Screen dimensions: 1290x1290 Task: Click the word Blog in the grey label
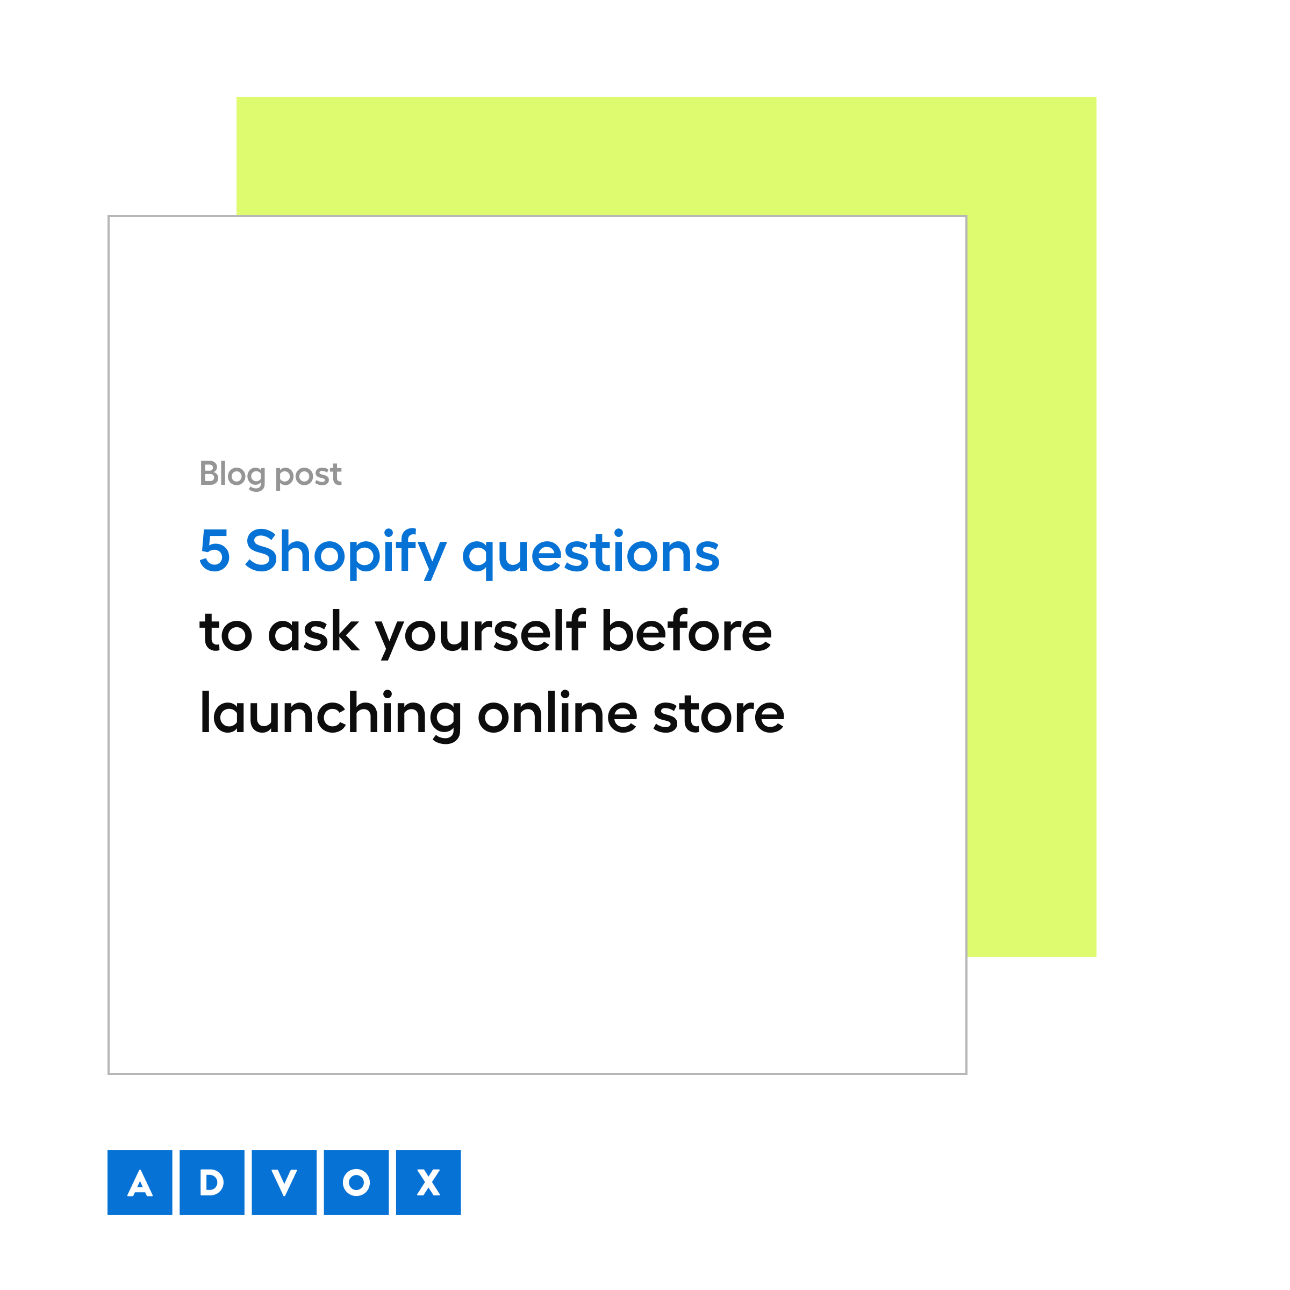pyautogui.click(x=232, y=475)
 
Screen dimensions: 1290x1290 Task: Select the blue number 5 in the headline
pyautogui.click(x=214, y=551)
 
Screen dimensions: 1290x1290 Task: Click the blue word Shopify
pyautogui.click(x=345, y=553)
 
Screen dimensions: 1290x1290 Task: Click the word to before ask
pyautogui.click(x=226, y=632)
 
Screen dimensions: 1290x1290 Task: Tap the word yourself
pyautogui.click(x=481, y=632)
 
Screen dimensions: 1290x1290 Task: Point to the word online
pyautogui.click(x=557, y=713)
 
